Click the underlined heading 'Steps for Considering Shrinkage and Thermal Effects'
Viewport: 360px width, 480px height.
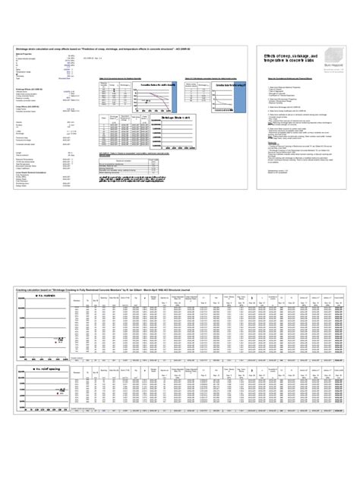[x=292, y=78]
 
